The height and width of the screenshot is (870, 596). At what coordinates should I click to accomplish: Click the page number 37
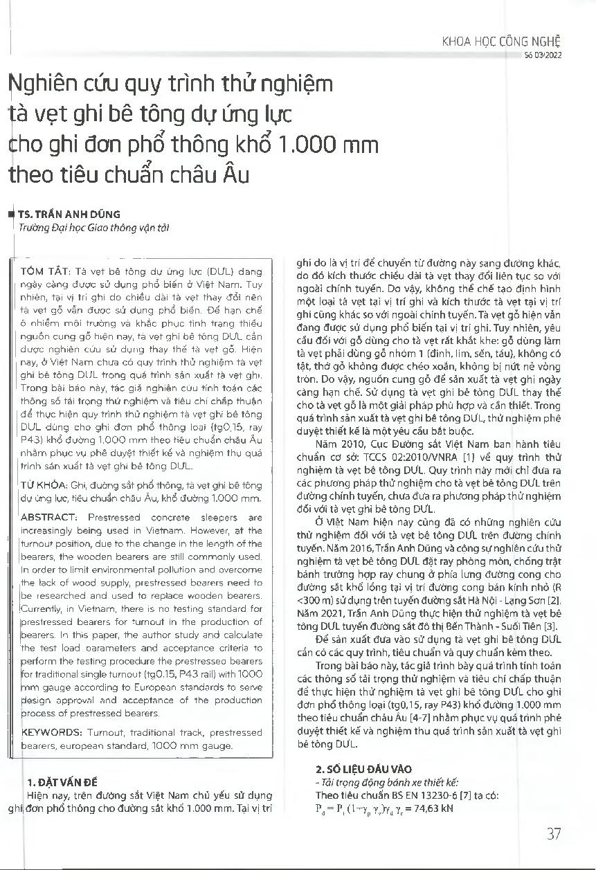click(x=553, y=833)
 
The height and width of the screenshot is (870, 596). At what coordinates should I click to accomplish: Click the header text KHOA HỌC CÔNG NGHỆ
click(x=501, y=41)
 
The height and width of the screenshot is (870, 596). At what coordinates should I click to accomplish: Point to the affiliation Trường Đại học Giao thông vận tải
click(x=93, y=227)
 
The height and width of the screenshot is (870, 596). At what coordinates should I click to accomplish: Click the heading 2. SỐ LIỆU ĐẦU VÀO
click(x=363, y=768)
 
